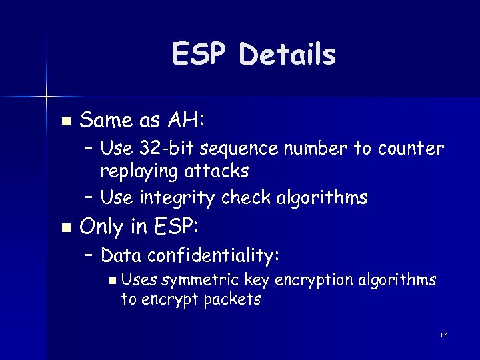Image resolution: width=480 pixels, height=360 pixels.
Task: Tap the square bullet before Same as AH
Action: (65, 121)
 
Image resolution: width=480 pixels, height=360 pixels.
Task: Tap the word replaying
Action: (137, 171)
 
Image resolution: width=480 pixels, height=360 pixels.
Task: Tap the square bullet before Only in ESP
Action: (65, 228)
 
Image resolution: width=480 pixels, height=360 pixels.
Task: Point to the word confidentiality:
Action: (214, 255)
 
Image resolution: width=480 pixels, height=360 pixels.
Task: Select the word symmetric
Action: (201, 279)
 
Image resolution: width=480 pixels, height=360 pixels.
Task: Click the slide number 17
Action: (443, 335)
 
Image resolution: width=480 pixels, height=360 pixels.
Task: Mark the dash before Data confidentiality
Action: (89, 255)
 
